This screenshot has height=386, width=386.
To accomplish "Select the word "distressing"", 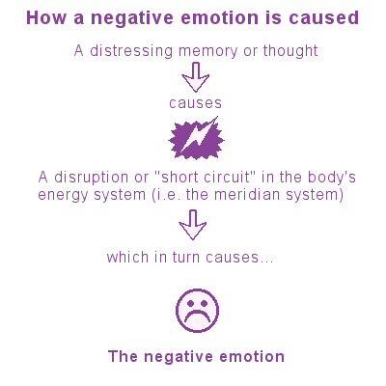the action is [x=131, y=51].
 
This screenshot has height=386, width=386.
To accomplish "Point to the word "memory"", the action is [x=207, y=52].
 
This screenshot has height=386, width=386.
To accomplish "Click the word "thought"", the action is [x=290, y=51].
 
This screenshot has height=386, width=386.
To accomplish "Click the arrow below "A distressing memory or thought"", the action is [x=195, y=77].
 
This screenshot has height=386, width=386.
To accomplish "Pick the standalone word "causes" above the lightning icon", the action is [x=196, y=103].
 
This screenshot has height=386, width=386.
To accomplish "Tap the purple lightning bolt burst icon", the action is [x=196, y=138].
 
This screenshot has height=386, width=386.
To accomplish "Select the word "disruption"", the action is [x=91, y=178].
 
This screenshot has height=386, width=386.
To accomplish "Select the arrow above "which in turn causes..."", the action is [x=193, y=225].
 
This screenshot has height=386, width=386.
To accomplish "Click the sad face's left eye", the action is [x=190, y=303].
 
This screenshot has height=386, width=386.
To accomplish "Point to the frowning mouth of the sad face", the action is [x=198, y=317].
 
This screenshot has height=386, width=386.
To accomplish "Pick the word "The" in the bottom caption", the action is [x=124, y=356].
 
